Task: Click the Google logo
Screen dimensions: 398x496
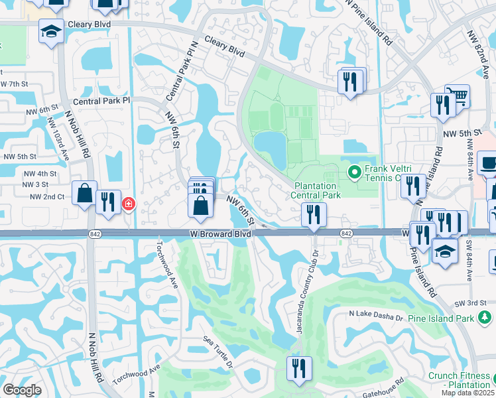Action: [22, 390]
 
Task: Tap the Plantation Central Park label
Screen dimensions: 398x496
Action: [317, 190]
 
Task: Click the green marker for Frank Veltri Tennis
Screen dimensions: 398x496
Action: [355, 173]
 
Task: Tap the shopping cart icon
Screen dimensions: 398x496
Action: [456, 96]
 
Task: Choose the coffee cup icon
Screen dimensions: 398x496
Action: [487, 164]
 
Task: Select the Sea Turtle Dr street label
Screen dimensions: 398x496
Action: [219, 355]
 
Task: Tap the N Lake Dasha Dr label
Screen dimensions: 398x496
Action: [376, 317]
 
